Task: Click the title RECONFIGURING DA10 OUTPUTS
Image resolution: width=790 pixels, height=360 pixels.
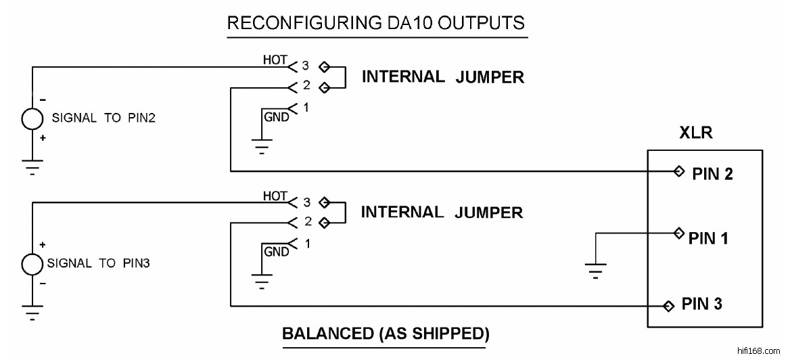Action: (x=375, y=23)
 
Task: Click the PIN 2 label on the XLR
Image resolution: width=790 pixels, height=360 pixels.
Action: (x=713, y=174)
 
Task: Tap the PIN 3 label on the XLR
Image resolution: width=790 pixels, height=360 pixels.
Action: (x=701, y=304)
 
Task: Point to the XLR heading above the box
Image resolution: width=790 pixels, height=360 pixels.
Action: (x=695, y=133)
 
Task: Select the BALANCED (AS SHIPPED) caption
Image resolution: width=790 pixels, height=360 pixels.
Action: (x=385, y=334)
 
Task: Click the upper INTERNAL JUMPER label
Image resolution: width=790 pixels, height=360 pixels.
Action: (x=443, y=76)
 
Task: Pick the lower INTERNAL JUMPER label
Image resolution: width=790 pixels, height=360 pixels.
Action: (x=442, y=212)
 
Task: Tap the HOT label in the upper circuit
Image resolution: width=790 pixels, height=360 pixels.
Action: (x=275, y=60)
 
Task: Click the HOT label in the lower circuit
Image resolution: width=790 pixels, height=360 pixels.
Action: (x=275, y=196)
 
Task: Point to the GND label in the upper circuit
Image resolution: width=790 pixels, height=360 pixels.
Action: (x=276, y=117)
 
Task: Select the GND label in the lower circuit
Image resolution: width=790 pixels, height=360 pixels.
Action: (x=276, y=252)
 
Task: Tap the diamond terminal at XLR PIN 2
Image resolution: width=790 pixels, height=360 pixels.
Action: (x=678, y=172)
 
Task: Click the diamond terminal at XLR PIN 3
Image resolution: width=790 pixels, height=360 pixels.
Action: (x=669, y=306)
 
